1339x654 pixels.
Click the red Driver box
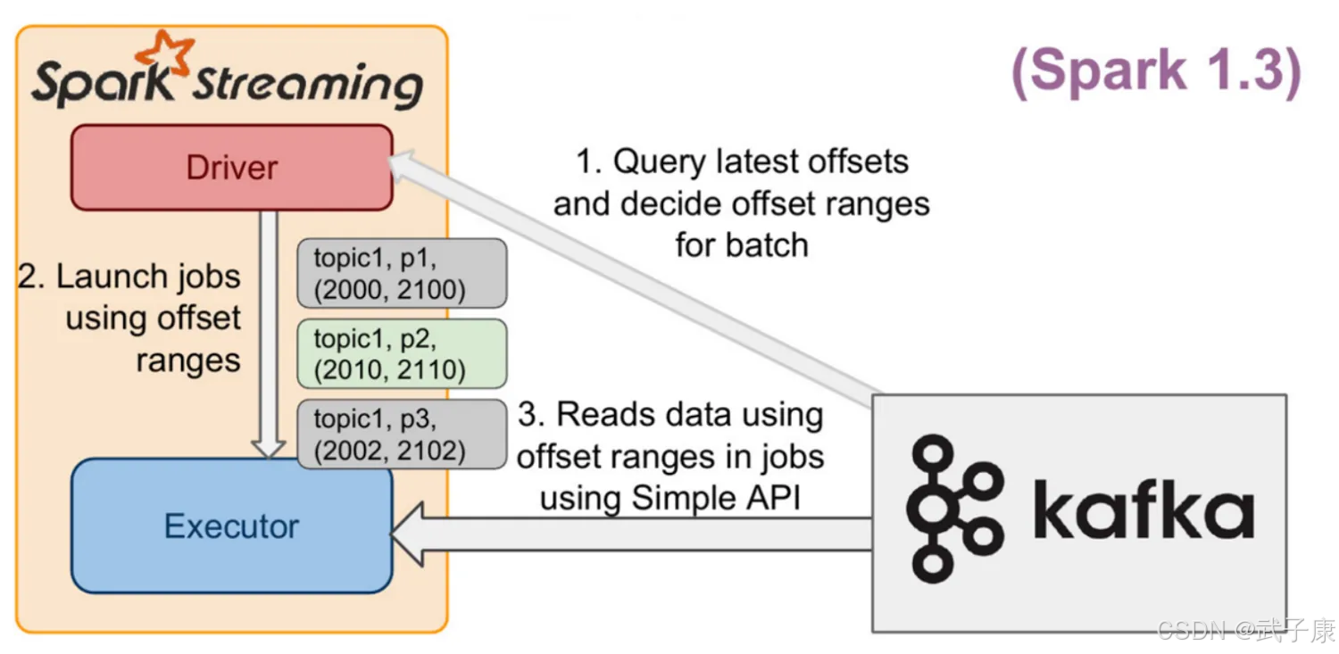[232, 167]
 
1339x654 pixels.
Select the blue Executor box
[232, 526]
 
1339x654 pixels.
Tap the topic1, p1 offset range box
[402, 273]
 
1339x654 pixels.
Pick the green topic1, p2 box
[402, 353]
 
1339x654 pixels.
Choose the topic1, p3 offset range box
[402, 435]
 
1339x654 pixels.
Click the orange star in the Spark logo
[165, 53]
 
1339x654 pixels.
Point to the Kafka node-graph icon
[953, 509]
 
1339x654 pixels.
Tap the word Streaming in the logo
[307, 87]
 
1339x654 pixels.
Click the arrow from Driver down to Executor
[269, 335]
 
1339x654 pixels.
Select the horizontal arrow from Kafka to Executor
[630, 534]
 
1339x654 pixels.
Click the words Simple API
[716, 498]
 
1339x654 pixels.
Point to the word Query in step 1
[660, 162]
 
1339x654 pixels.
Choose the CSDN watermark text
[1247, 631]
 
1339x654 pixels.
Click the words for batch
[742, 245]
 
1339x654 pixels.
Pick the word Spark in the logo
[103, 84]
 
